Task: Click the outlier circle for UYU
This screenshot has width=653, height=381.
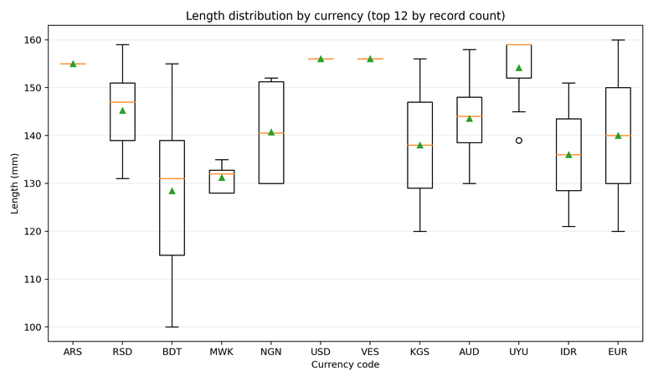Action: [518, 141]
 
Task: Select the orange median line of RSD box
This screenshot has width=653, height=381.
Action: [122, 102]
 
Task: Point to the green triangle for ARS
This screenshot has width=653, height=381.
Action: [73, 64]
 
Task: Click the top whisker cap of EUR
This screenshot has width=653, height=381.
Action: [618, 40]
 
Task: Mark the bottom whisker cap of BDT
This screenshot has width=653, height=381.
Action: [172, 327]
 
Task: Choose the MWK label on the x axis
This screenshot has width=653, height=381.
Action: [221, 352]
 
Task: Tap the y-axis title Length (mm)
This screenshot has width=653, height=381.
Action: [14, 183]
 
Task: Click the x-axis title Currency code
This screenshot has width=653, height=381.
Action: [345, 365]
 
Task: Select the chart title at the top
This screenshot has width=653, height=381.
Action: [345, 16]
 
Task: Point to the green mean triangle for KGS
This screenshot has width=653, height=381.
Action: [419, 145]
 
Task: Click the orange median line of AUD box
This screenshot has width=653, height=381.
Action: [469, 116]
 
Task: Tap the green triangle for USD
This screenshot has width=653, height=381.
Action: [321, 59]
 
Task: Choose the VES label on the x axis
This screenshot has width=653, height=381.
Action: [370, 352]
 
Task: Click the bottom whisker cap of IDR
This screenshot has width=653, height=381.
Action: [568, 226]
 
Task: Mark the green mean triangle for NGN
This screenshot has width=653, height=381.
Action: [270, 132]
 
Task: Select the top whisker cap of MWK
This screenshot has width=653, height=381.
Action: [221, 159]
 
